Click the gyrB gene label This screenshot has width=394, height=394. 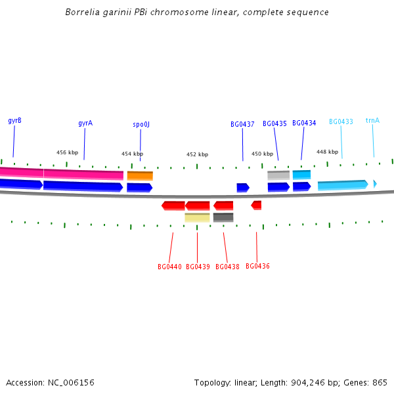[x=14, y=121]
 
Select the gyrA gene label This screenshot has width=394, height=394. [x=85, y=123]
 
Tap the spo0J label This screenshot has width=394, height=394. [x=141, y=124]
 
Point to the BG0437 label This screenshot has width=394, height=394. [x=242, y=124]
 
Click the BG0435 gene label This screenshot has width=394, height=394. [x=274, y=123]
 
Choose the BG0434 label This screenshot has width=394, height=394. [x=304, y=123]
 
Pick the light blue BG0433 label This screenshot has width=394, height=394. [x=341, y=121]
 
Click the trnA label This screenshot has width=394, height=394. [x=372, y=121]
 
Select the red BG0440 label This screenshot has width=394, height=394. [x=169, y=267]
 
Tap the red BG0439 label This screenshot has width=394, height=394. [x=198, y=267]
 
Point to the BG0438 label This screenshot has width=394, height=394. [x=227, y=267]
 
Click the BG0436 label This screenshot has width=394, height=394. [x=257, y=266]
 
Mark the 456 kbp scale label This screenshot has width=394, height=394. [x=67, y=152]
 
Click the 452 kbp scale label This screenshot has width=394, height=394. [x=197, y=154]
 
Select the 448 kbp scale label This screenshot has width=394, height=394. [x=327, y=152]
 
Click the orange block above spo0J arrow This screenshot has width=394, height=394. [x=140, y=176]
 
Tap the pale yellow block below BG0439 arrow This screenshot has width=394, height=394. [x=197, y=217]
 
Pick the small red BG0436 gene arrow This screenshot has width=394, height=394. [x=256, y=206]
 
